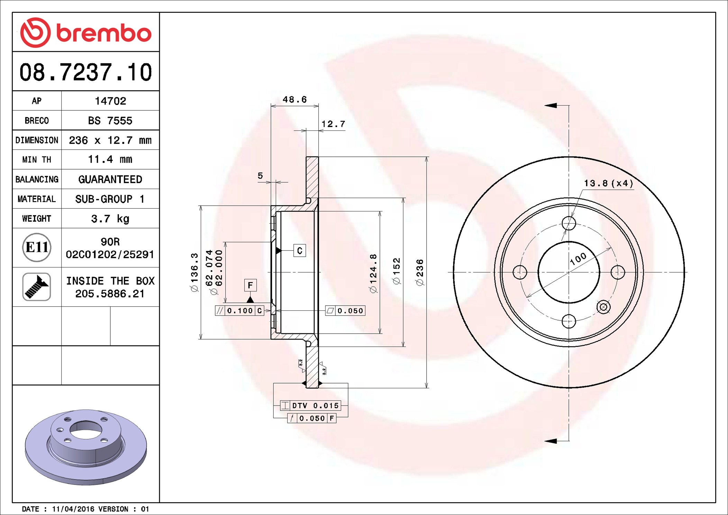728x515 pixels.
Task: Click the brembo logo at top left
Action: pos(86,33)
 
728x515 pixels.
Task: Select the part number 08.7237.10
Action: pos(86,72)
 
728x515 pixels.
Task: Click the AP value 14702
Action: pos(110,101)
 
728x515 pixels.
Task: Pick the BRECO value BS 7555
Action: pos(110,120)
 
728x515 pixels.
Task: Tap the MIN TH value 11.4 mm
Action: pos(110,159)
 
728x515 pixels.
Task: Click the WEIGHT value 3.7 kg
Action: pos(110,218)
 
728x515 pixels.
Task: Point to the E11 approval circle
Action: pos(37,247)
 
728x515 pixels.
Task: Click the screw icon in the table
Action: pos(37,287)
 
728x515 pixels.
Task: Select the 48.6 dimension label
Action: pos(295,100)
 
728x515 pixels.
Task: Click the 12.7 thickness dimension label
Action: pos(333,124)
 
